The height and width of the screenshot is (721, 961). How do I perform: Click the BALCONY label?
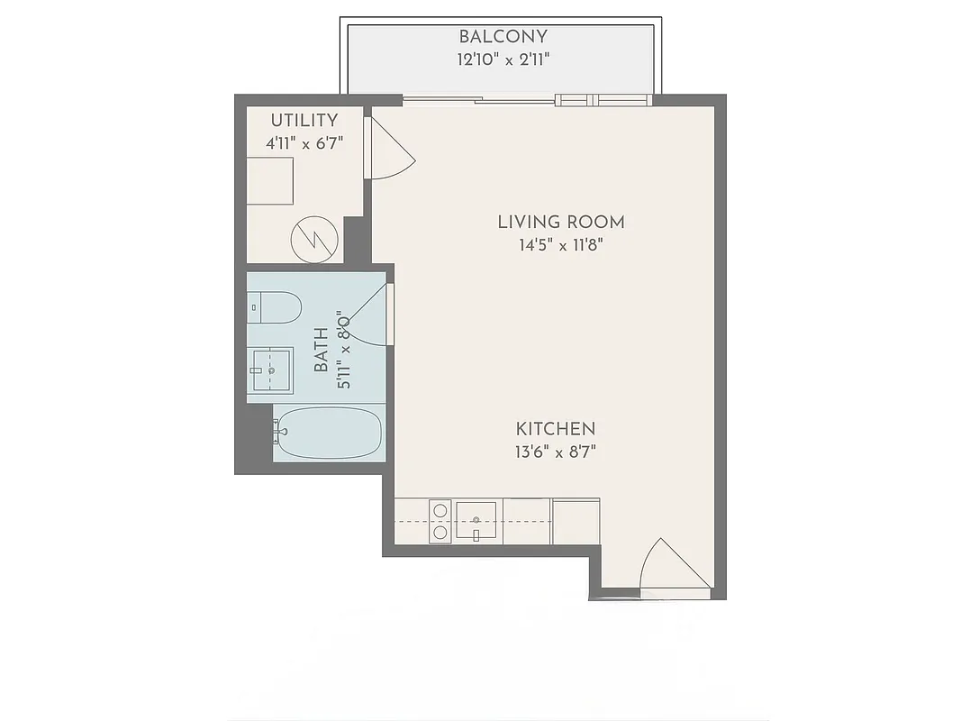pyautogui.click(x=503, y=37)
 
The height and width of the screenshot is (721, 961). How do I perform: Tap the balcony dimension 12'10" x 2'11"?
pyautogui.click(x=503, y=59)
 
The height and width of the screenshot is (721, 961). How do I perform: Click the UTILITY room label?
pyautogui.click(x=304, y=120)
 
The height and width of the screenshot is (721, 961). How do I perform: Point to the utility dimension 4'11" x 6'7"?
pyautogui.click(x=304, y=142)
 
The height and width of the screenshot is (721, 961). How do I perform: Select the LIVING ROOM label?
pyautogui.click(x=560, y=222)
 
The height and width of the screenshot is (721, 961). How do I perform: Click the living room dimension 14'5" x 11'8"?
pyautogui.click(x=560, y=244)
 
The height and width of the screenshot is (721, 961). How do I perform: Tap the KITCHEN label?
pyautogui.click(x=556, y=429)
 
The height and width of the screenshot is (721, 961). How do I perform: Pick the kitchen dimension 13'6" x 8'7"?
pyautogui.click(x=556, y=452)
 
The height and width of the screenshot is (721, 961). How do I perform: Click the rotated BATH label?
pyautogui.click(x=322, y=351)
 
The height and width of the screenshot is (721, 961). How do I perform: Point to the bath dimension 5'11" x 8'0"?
pyautogui.click(x=342, y=351)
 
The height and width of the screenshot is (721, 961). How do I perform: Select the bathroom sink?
pyautogui.click(x=270, y=370)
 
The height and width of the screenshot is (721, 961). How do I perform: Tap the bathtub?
pyautogui.click(x=328, y=434)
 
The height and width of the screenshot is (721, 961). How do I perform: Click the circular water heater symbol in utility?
pyautogui.click(x=314, y=239)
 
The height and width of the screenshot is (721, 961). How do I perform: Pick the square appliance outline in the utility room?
pyautogui.click(x=270, y=181)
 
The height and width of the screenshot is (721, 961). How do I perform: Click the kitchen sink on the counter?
pyautogui.click(x=476, y=522)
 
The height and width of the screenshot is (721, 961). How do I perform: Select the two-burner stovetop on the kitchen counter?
pyautogui.click(x=440, y=522)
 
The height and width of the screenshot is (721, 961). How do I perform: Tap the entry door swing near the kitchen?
pyautogui.click(x=671, y=568)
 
